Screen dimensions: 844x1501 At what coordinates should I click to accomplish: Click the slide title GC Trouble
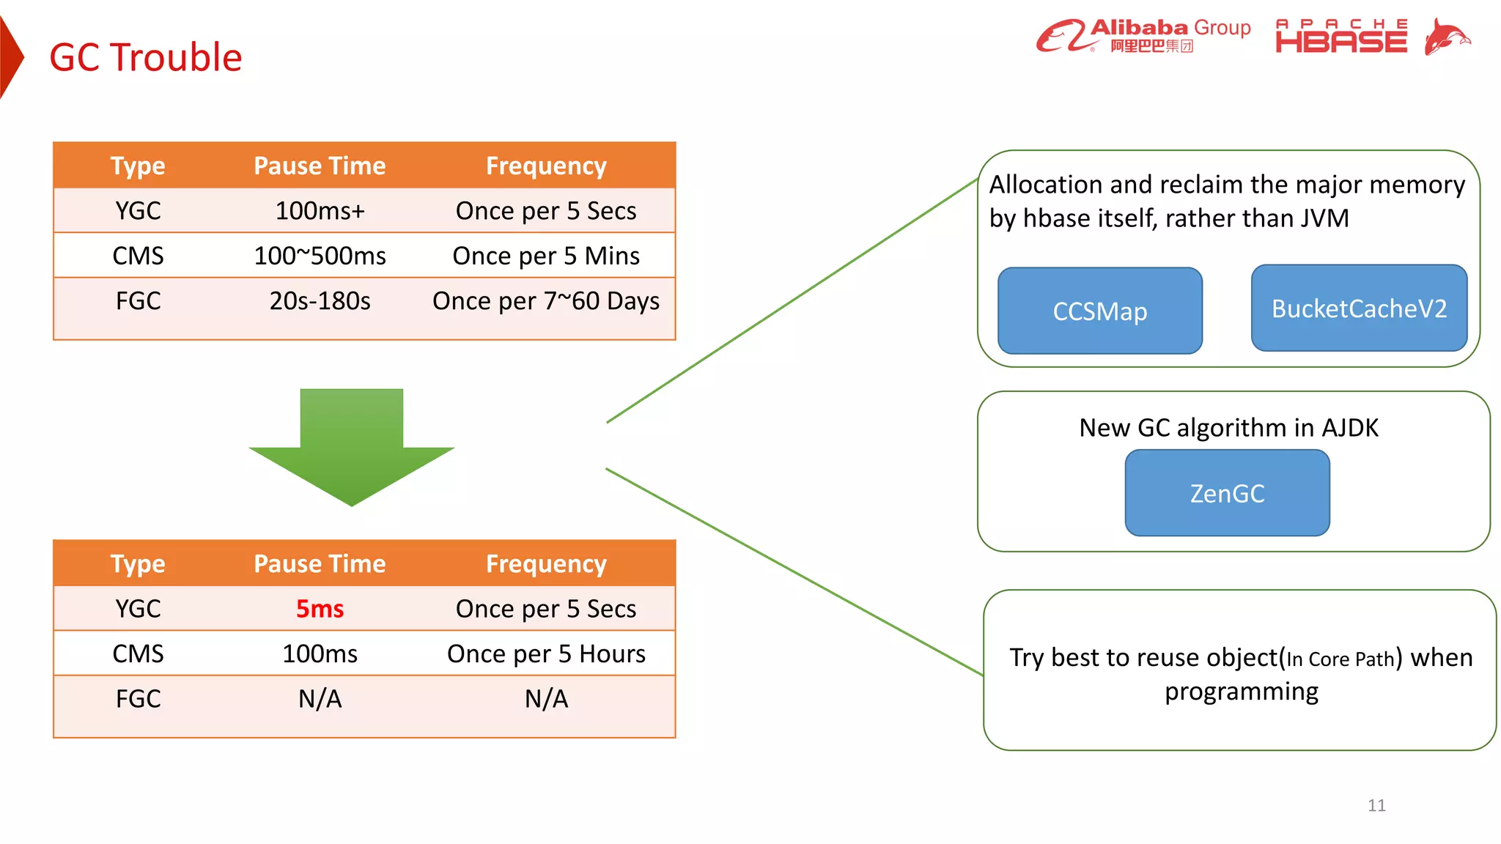tap(145, 57)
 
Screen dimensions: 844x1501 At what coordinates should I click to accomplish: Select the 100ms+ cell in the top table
tap(320, 211)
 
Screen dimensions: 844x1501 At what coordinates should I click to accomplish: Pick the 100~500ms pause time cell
tap(320, 256)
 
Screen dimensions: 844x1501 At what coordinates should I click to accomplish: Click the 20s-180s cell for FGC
tap(320, 301)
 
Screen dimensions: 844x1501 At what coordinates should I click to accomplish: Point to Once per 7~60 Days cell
tap(546, 301)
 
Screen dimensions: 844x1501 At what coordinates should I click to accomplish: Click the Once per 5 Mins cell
tap(546, 256)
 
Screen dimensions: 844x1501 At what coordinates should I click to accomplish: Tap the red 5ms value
tap(320, 609)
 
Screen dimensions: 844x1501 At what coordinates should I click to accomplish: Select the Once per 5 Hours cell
tap(546, 654)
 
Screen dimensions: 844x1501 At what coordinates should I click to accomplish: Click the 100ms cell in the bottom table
tap(320, 654)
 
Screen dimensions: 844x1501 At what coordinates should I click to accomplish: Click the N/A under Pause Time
tap(320, 699)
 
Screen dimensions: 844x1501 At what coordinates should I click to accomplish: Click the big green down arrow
tap(352, 448)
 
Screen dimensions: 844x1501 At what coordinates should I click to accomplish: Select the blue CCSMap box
tap(1099, 311)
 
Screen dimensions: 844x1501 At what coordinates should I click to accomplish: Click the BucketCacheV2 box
tap(1359, 308)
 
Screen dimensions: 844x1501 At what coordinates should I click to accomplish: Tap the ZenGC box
tap(1227, 493)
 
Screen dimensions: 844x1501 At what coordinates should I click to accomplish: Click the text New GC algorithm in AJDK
tap(1228, 428)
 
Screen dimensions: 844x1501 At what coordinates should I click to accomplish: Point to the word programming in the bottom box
tap(1242, 692)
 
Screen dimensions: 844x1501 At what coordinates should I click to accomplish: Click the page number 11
tap(1376, 806)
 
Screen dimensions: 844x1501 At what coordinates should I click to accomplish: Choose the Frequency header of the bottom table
tap(546, 564)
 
